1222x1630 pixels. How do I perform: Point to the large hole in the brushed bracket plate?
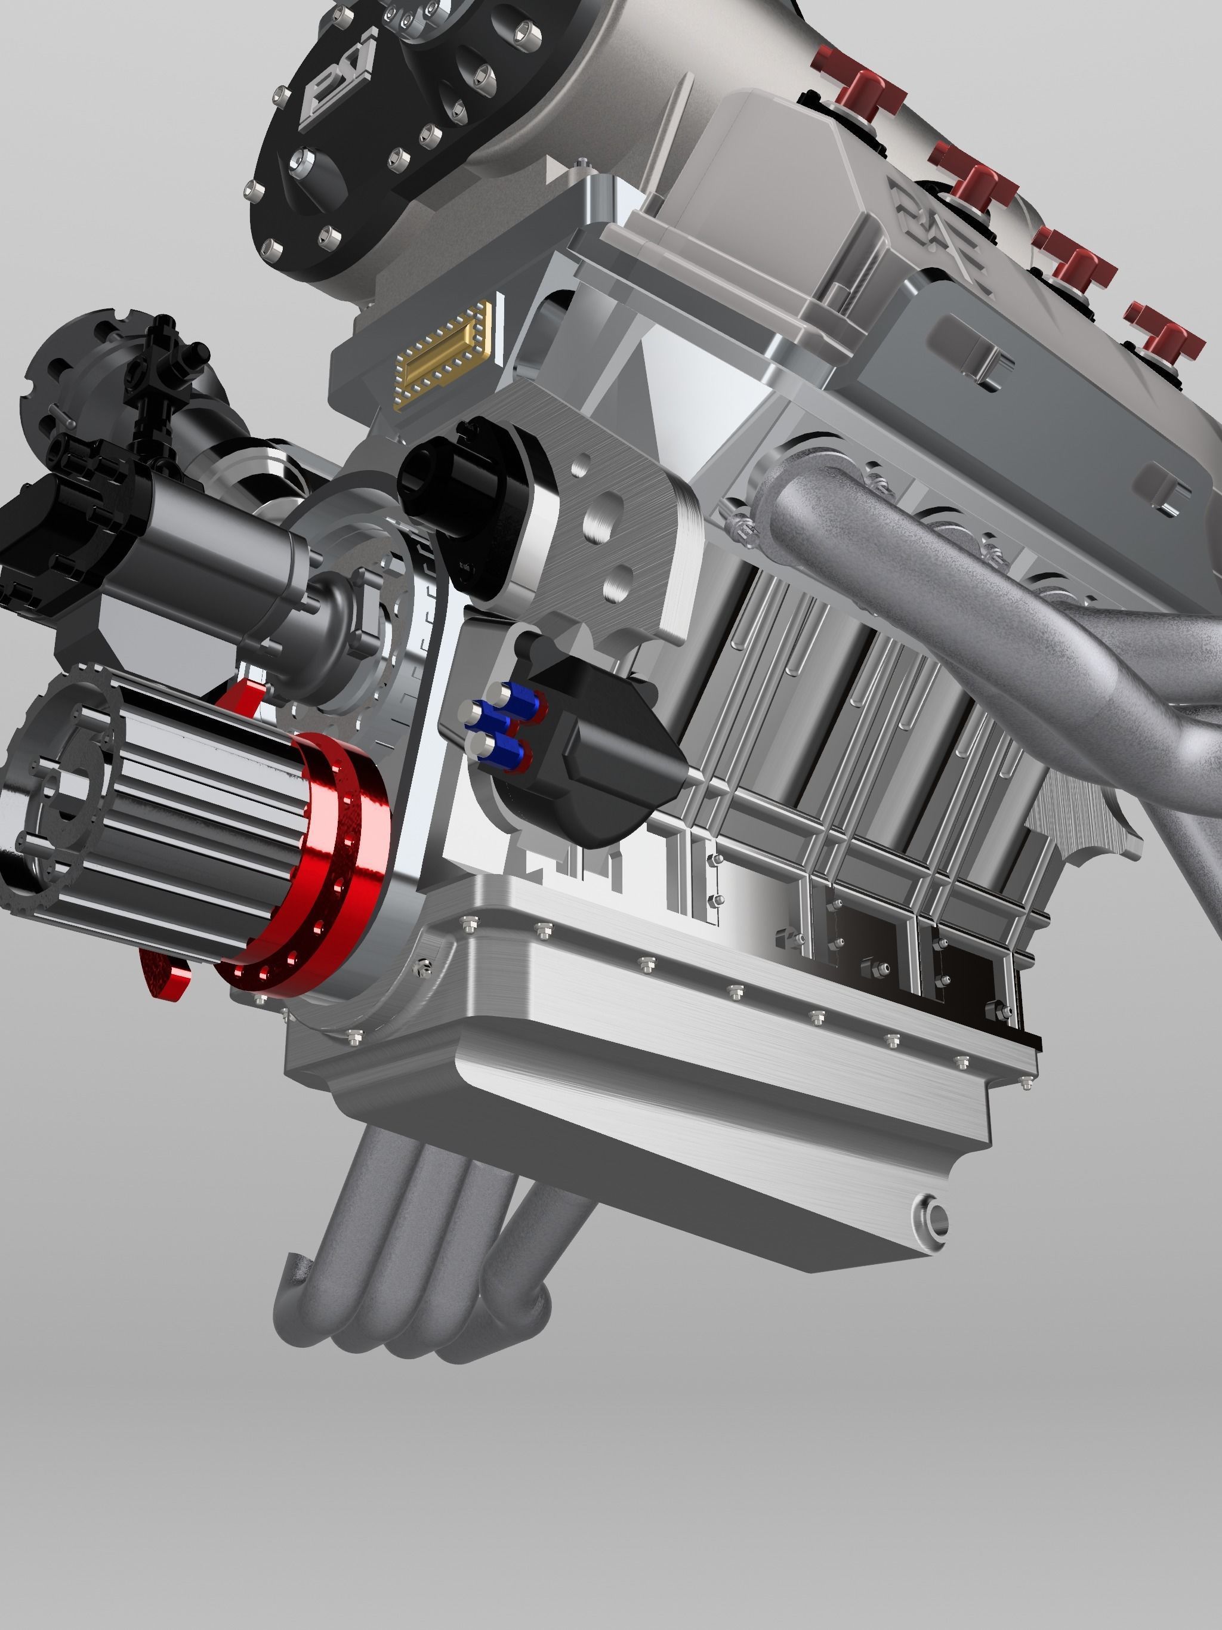click(605, 516)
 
